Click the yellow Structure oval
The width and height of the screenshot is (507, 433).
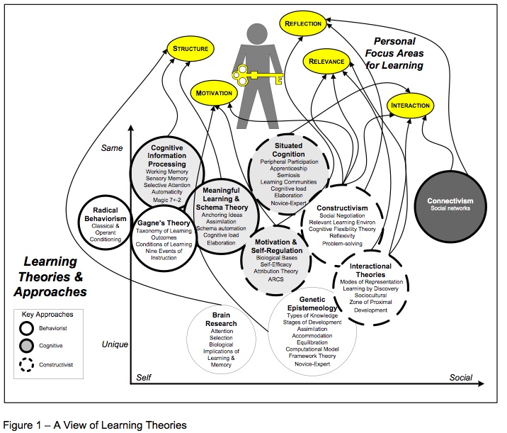[190, 49]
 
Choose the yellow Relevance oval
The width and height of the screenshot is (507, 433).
[326, 62]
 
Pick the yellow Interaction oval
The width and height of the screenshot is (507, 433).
[410, 106]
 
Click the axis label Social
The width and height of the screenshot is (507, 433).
[461, 378]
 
